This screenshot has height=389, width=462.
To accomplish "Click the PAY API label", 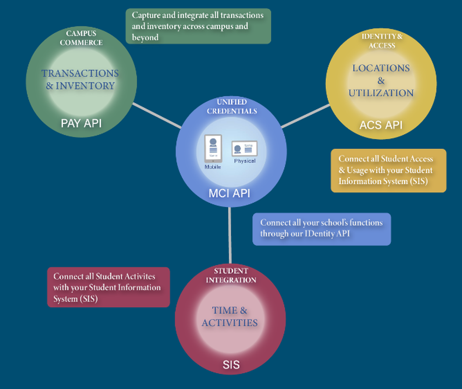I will click(x=81, y=123).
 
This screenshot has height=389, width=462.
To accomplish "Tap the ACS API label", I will click(x=381, y=124).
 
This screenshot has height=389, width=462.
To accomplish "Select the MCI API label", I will click(x=230, y=193).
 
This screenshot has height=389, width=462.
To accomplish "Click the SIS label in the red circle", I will click(x=231, y=364).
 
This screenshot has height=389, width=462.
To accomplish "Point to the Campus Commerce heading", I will click(x=84, y=38).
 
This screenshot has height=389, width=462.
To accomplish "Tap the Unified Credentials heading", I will click(x=232, y=106).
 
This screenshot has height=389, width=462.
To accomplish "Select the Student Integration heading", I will click(x=231, y=275).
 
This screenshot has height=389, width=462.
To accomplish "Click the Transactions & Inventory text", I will click(x=80, y=79).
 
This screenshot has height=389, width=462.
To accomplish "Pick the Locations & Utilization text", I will click(x=381, y=80).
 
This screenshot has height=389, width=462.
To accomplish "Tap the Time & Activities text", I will click(x=230, y=316).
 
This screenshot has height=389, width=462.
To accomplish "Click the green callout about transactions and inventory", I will click(x=198, y=26).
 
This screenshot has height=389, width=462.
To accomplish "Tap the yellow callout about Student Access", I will click(x=389, y=170).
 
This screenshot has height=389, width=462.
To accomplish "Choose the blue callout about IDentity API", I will click(x=322, y=228).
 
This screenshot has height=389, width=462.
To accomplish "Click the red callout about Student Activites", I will click(x=109, y=287).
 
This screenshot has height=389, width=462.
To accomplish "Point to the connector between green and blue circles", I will click(x=157, y=116).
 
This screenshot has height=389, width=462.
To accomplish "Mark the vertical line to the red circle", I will click(x=230, y=236).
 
